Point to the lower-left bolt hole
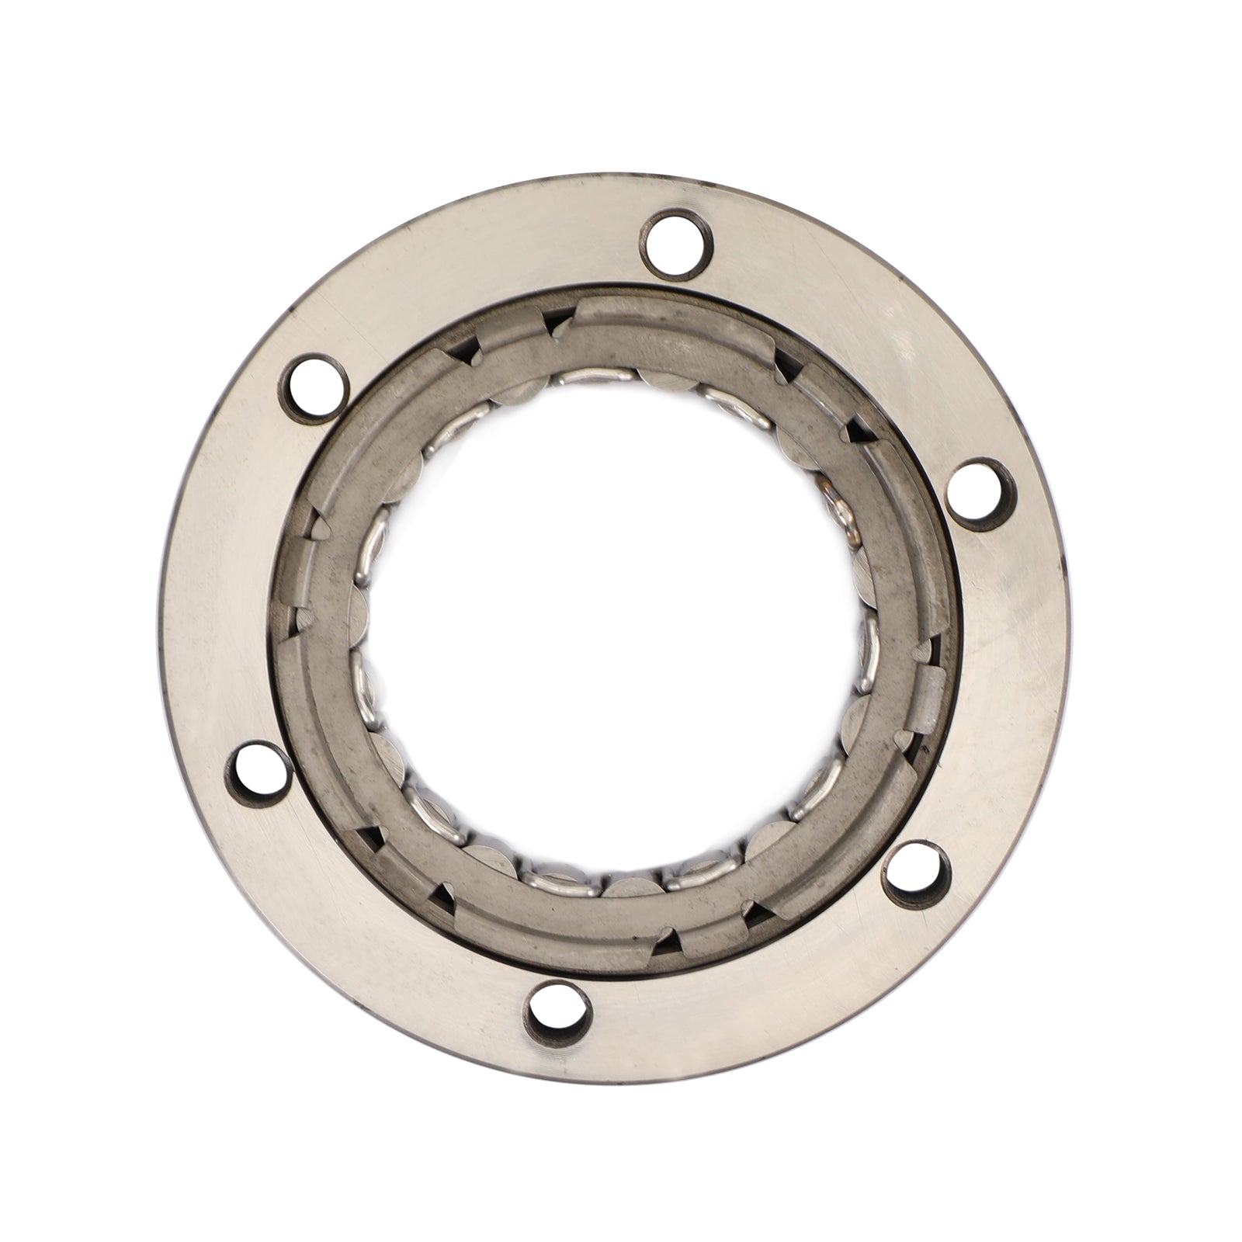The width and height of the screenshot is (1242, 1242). (258, 768)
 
